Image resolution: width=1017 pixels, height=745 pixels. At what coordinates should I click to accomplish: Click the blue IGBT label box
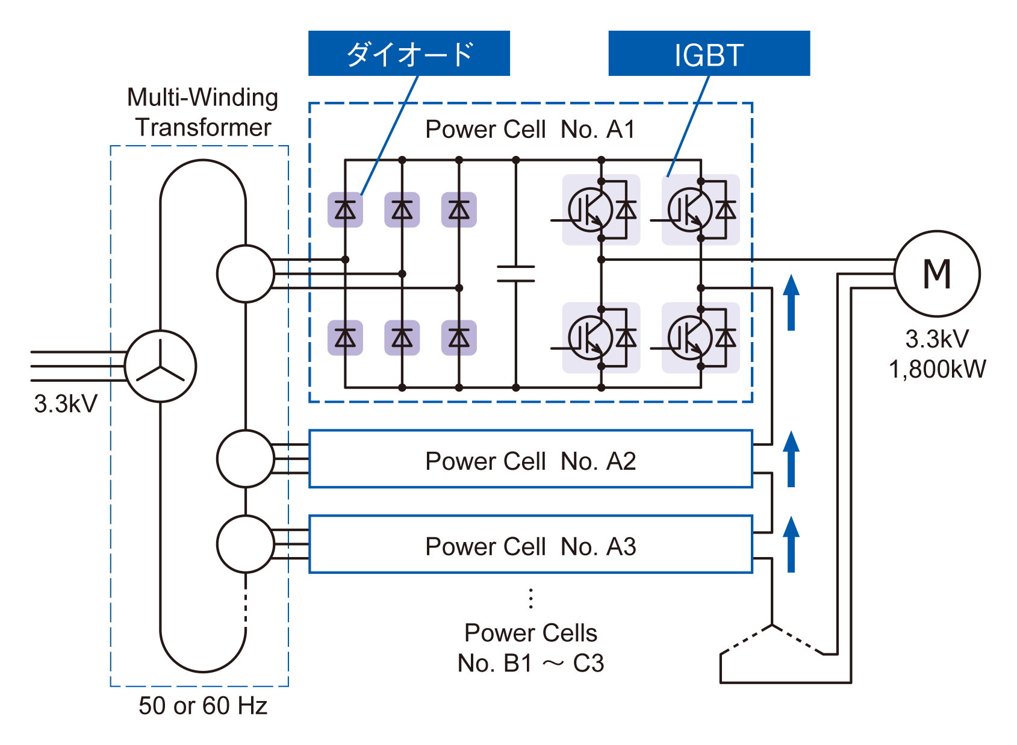709,53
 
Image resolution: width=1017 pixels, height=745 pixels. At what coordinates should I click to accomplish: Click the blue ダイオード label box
409,53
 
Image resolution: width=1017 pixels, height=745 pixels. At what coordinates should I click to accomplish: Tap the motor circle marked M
937,273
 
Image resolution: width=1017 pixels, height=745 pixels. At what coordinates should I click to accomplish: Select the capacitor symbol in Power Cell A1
515,273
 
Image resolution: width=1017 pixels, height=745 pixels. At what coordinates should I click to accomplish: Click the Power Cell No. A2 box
530,459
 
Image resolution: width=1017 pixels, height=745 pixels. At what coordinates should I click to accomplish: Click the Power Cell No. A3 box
530,544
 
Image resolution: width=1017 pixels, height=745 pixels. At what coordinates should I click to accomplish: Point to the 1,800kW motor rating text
937,369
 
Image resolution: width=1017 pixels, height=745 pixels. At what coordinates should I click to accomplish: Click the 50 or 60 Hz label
203,705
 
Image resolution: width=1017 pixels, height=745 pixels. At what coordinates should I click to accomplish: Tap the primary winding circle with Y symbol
160,366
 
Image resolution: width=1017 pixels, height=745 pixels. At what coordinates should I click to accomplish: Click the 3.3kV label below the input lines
65,404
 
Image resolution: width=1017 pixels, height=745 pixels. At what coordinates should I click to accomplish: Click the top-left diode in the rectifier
345,210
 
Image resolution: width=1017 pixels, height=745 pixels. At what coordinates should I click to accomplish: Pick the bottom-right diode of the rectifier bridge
459,338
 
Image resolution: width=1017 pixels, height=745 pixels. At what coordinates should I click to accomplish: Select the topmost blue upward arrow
791,302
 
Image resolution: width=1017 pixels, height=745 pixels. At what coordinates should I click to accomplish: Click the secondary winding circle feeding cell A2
245,458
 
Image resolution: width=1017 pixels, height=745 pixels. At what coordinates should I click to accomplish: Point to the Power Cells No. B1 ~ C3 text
530,648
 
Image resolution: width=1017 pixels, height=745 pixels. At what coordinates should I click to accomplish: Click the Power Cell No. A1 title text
530,129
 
